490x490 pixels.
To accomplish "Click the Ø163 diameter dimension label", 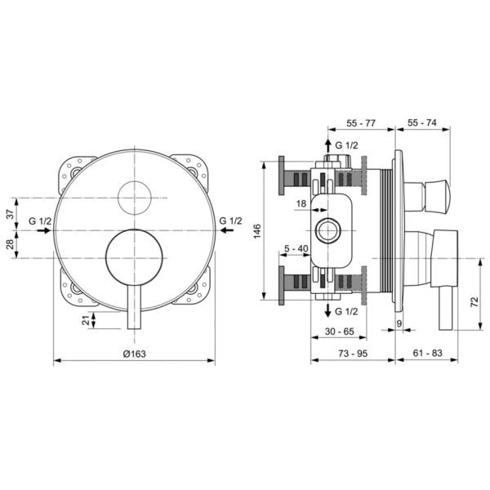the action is click(135, 354).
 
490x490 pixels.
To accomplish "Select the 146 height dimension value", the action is click(257, 231).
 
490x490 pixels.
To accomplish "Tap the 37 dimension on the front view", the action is click(11, 214).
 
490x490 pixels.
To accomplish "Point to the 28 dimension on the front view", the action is click(11, 244).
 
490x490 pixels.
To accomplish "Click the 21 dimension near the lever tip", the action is click(86, 319).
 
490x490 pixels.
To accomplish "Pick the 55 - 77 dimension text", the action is click(361, 123).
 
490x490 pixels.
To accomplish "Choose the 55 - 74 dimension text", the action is click(422, 122).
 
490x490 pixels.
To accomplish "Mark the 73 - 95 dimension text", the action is click(353, 354).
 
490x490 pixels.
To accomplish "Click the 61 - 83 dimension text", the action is click(427, 353).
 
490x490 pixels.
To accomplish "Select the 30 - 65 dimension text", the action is click(340, 332).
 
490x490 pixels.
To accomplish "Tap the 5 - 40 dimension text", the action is click(296, 248).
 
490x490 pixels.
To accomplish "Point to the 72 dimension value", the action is click(474, 301).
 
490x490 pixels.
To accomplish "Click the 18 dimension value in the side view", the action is click(301, 203).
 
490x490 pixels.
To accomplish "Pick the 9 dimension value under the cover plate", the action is click(399, 323).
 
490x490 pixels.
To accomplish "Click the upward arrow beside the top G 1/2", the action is click(327, 146).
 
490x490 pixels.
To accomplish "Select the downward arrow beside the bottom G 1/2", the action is click(327, 310).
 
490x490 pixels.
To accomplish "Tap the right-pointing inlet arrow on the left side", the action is click(43, 230).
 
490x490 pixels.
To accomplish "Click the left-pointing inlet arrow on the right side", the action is click(226, 230).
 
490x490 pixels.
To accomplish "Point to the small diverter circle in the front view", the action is click(135, 198).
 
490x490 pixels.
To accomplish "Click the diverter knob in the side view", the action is click(426, 195).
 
